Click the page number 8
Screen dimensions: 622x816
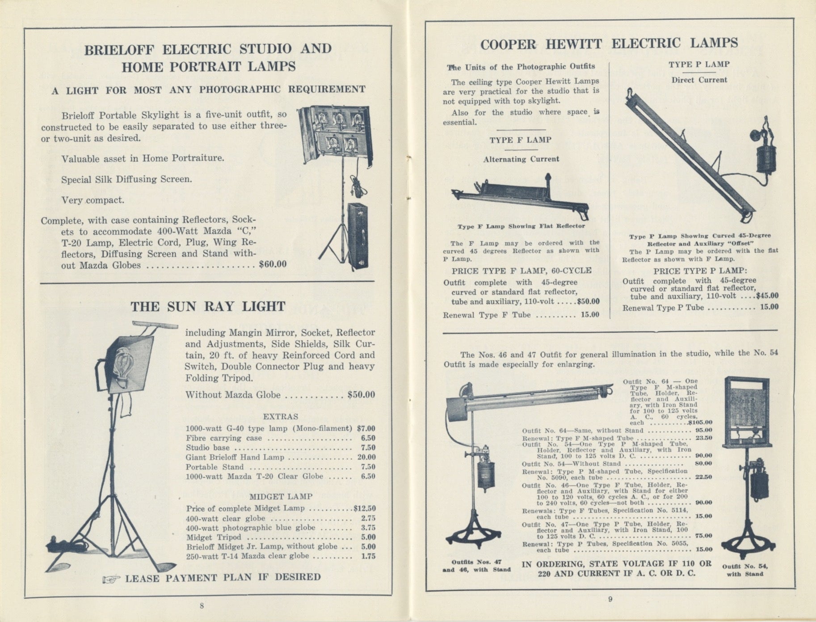click(202, 605)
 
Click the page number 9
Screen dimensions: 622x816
click(610, 600)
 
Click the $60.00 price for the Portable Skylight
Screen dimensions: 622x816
click(273, 264)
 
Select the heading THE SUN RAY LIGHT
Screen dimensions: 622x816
click(208, 307)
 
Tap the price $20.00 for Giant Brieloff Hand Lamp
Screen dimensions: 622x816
click(366, 457)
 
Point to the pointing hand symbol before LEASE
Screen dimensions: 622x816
click(111, 579)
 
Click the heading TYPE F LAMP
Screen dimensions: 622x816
click(520, 140)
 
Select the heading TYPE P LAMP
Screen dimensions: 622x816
click(699, 64)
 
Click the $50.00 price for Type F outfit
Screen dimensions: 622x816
click(588, 301)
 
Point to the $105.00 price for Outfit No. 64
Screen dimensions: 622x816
click(700, 422)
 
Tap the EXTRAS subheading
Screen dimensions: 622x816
click(280, 416)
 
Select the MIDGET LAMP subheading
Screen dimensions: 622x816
click(281, 496)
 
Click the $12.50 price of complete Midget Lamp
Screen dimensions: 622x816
click(364, 508)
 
